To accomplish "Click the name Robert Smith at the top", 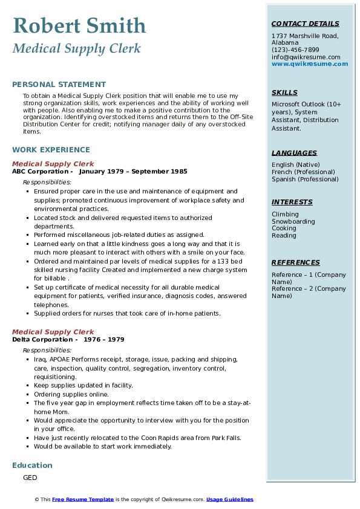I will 79,25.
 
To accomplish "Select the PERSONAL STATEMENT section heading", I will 59,85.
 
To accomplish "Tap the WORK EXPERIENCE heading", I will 51,149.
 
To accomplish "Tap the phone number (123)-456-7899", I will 295,50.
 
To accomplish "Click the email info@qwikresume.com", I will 306,57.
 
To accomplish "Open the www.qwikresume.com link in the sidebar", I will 310,63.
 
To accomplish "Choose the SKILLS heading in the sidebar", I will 284,92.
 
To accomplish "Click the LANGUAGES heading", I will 294,153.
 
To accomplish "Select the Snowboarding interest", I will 293,221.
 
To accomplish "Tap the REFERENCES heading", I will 296,262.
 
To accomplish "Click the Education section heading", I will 32,465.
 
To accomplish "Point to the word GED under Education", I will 30,478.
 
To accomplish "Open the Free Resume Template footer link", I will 83,499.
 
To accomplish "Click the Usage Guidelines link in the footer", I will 230,499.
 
